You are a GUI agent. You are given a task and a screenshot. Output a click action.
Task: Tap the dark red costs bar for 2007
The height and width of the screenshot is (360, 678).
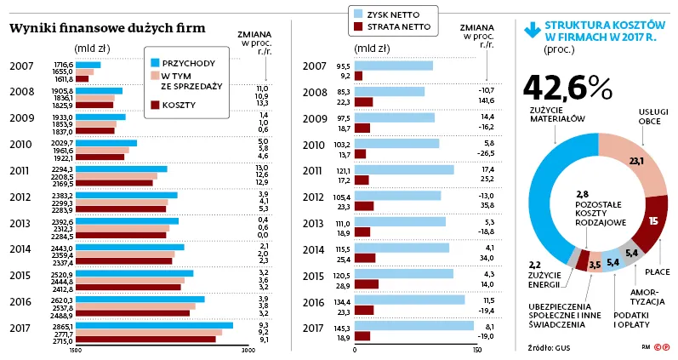(82, 79)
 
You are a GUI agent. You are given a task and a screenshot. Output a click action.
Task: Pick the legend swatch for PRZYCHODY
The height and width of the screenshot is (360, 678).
(155, 63)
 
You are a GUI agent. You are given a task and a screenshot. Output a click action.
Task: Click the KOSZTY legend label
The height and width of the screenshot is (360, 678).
(179, 104)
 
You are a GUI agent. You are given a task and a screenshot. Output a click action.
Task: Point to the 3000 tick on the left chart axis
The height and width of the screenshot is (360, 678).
(247, 350)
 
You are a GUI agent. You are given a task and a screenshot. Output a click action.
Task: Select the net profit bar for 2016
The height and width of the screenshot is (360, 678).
(409, 300)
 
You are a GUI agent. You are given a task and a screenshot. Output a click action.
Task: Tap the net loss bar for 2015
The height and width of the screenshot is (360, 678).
(366, 284)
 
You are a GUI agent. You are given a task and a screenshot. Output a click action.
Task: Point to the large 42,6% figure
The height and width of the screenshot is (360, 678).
(567, 88)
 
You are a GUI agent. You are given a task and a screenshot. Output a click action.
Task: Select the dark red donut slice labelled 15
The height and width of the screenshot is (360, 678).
(650, 223)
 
